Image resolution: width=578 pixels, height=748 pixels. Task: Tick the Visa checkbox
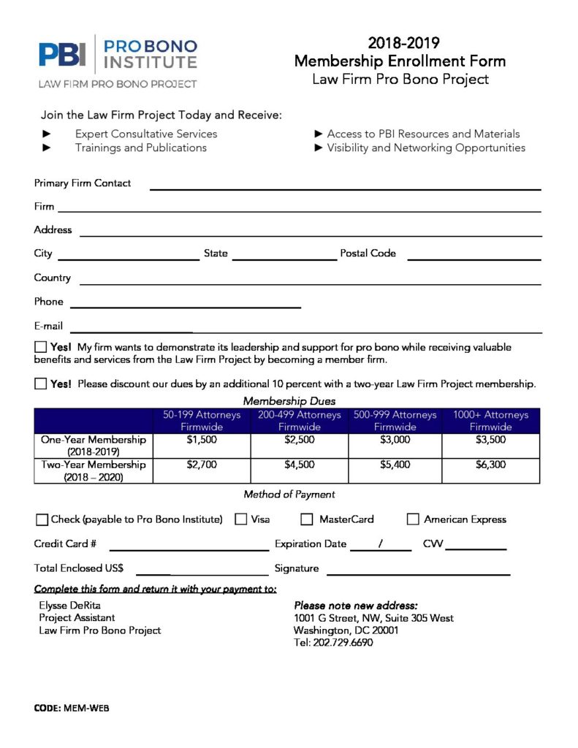click(240, 519)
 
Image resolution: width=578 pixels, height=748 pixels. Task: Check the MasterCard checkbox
click(307, 519)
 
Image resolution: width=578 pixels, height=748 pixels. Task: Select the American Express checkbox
click(412, 519)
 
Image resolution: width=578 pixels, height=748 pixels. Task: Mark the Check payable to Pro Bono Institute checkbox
click(42, 520)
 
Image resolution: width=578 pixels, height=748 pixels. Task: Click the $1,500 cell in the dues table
click(202, 440)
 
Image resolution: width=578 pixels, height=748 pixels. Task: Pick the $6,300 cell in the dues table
click(490, 465)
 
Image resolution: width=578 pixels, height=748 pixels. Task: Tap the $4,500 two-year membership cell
click(299, 465)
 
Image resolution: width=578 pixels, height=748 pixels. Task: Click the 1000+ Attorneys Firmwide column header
click(490, 421)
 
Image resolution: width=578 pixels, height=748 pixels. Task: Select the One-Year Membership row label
click(94, 446)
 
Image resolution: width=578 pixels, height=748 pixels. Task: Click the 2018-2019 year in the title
click(403, 43)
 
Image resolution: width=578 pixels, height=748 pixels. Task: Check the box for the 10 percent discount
click(40, 383)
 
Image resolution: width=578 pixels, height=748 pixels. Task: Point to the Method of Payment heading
click(289, 495)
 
